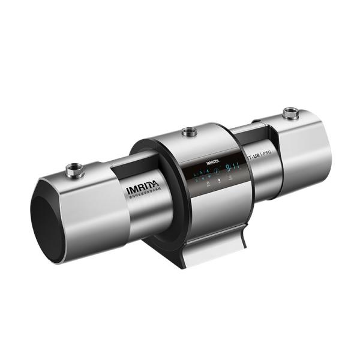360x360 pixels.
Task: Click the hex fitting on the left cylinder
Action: [75, 170]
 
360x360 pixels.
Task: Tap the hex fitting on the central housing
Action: [190, 131]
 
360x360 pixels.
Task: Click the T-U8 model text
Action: [255, 157]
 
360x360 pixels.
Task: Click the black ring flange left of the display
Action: [157, 180]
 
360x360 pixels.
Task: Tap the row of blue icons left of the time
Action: [204, 176]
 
